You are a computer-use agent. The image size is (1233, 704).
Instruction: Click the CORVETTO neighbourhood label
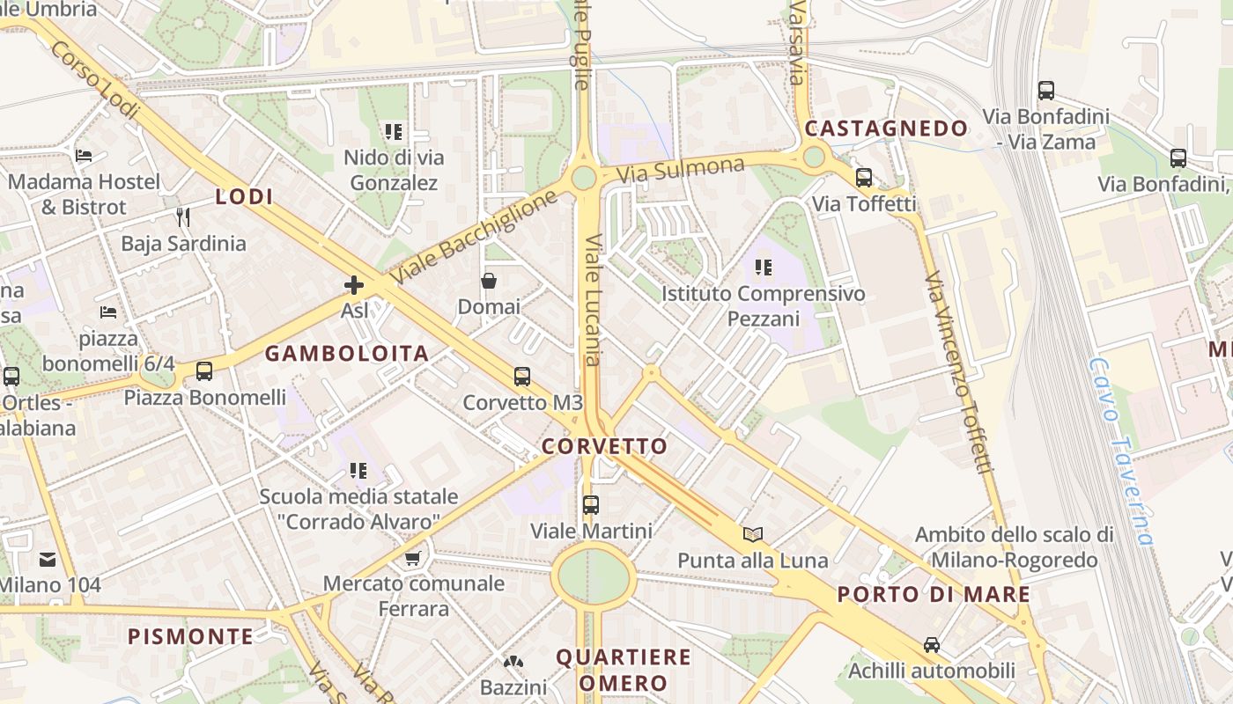(x=604, y=446)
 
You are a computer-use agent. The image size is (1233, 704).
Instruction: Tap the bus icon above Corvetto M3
(x=522, y=377)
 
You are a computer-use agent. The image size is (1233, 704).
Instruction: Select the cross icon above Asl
(x=354, y=285)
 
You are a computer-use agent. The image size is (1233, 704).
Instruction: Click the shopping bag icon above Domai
(x=489, y=281)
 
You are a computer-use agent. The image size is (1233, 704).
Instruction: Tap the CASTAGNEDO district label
(x=886, y=128)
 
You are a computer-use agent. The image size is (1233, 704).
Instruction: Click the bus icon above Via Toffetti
(x=864, y=178)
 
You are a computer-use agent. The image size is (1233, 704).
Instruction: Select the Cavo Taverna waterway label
(x=1119, y=451)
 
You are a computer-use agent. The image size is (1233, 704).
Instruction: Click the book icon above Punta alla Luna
(x=753, y=534)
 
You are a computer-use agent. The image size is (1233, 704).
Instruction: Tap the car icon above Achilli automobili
(x=932, y=645)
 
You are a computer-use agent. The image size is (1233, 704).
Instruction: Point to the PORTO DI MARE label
(x=934, y=594)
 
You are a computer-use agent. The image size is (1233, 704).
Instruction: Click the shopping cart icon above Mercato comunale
(x=413, y=557)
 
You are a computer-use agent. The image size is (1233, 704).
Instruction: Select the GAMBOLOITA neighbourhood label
(x=347, y=354)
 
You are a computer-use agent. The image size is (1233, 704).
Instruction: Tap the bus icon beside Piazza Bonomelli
(x=204, y=371)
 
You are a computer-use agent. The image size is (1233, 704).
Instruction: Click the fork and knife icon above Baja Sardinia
(x=183, y=217)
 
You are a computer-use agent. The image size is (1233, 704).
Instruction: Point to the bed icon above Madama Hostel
(x=84, y=156)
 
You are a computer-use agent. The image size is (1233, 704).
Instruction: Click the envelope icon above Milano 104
(x=48, y=559)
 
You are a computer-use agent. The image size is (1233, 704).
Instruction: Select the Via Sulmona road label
(x=680, y=169)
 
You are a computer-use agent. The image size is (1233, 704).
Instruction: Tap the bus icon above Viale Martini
(x=591, y=505)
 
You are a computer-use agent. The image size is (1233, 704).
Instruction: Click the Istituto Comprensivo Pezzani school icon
(x=764, y=267)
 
